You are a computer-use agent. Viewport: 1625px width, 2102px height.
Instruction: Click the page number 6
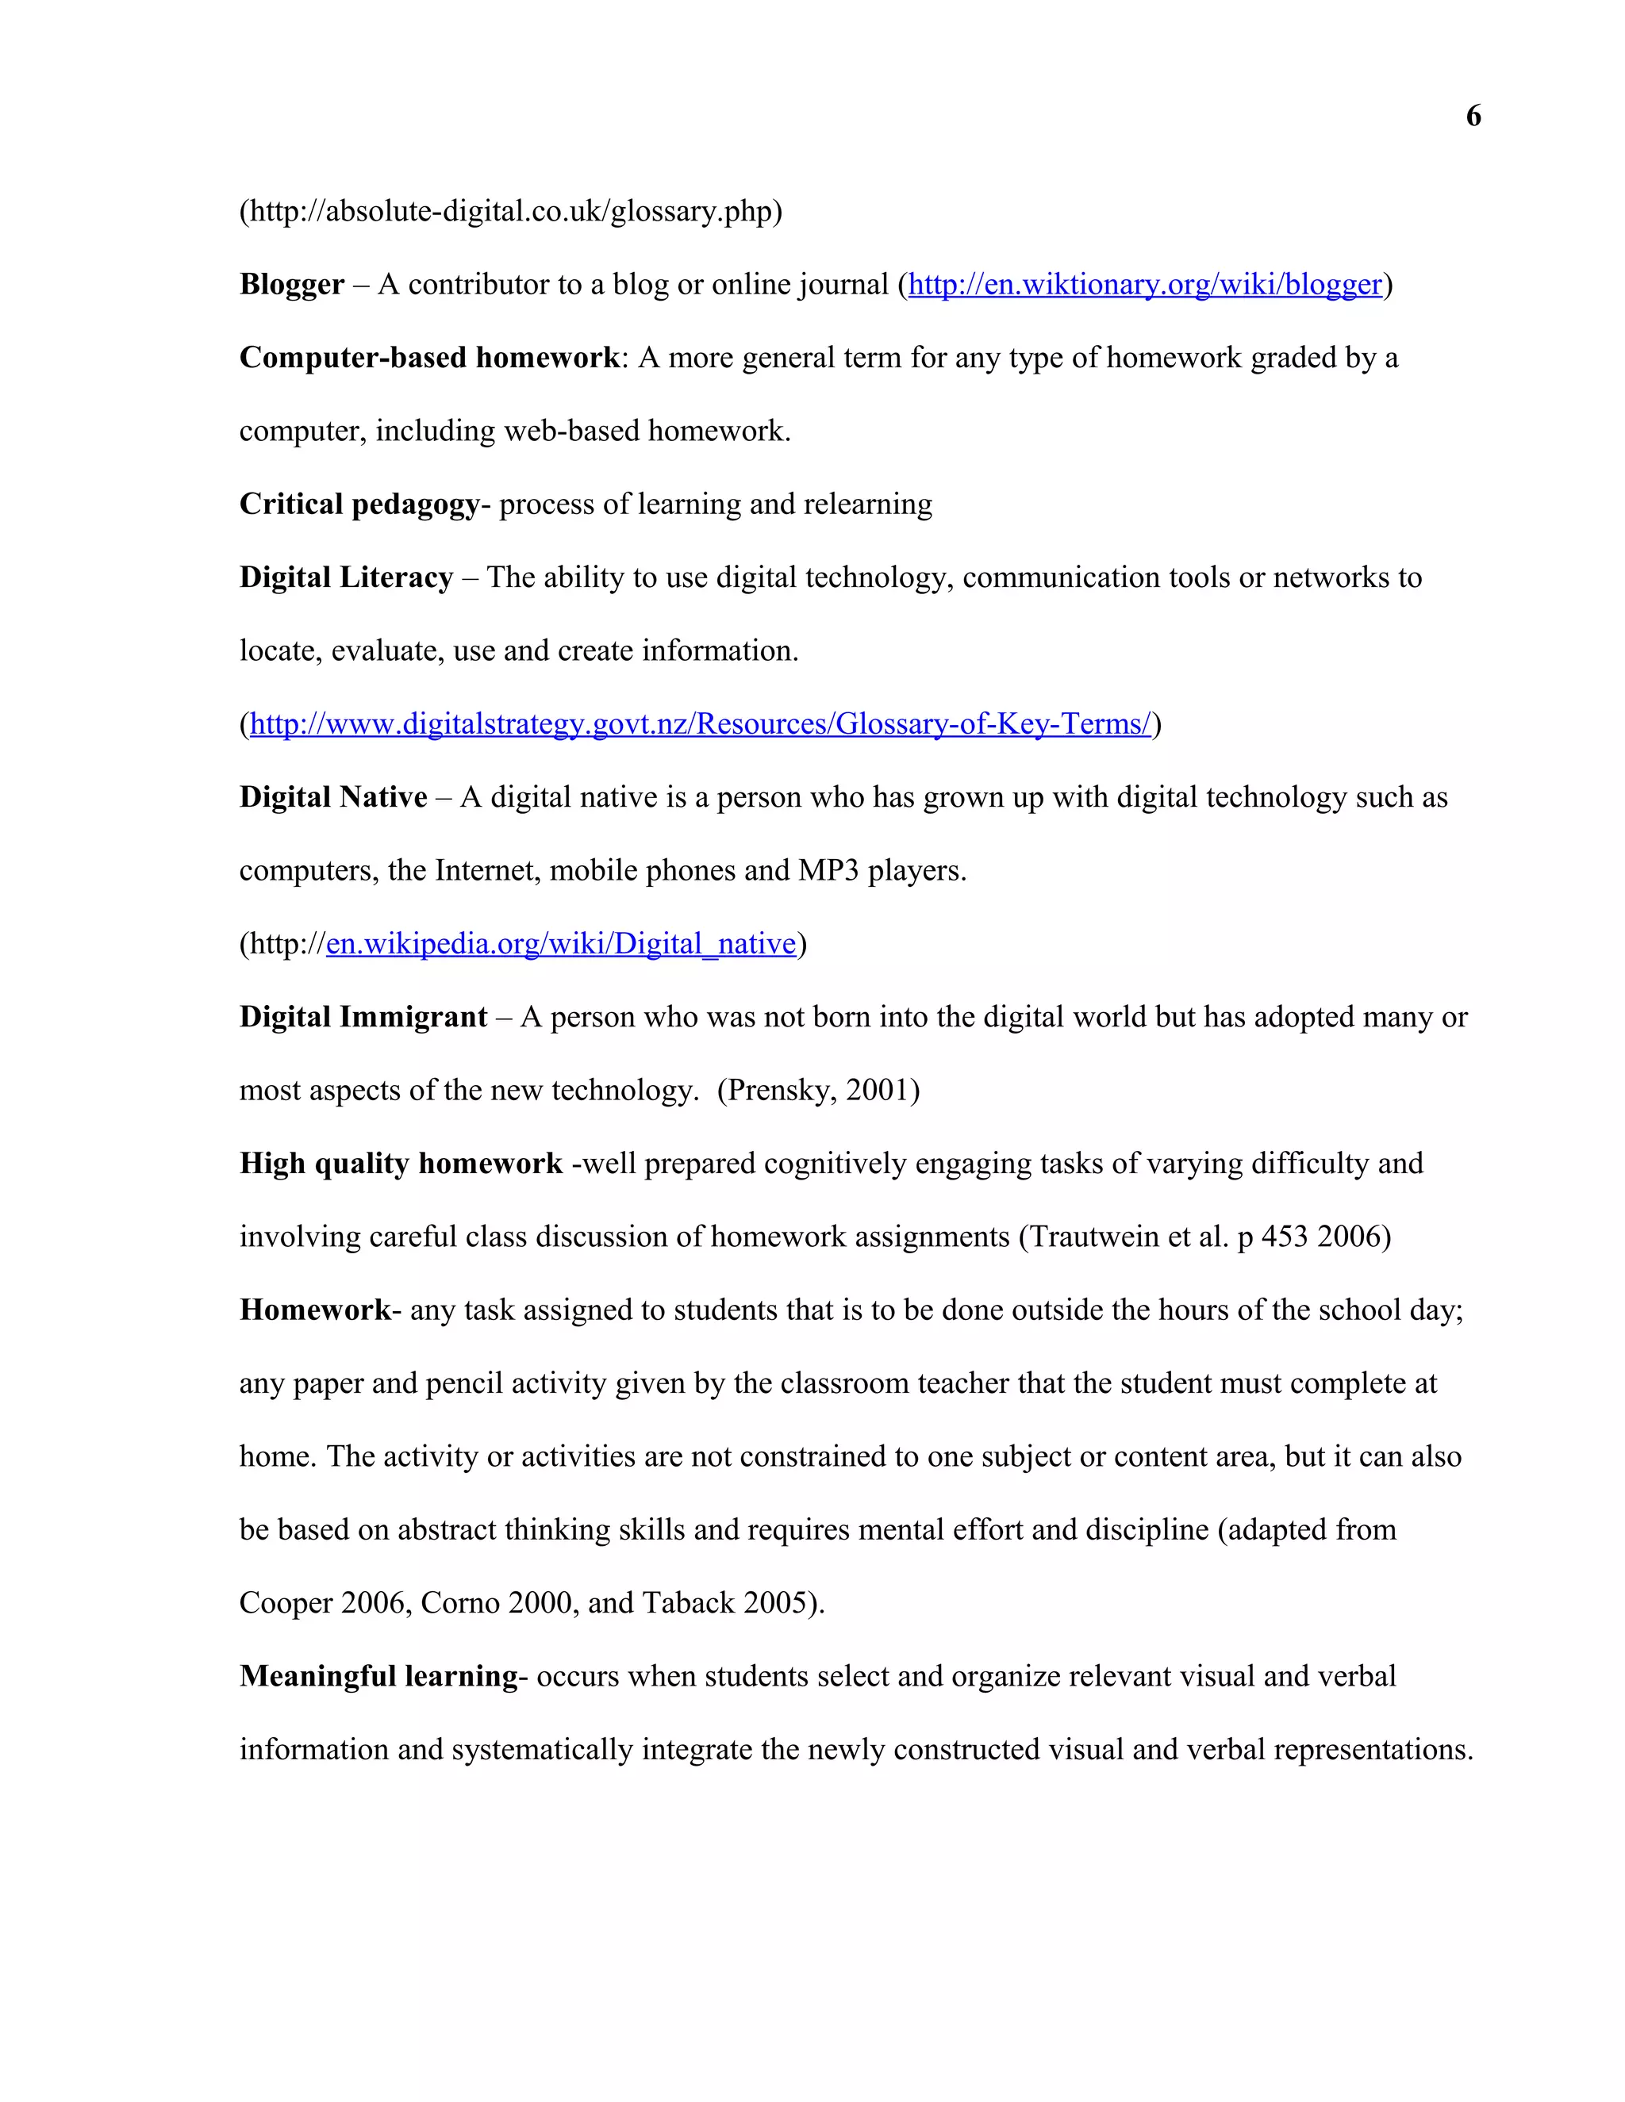tap(1473, 117)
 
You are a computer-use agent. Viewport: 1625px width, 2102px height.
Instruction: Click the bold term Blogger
tap(292, 285)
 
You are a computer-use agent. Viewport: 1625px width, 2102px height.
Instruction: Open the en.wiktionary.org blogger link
tap(1145, 285)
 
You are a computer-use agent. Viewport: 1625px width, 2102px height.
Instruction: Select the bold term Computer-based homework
tap(429, 358)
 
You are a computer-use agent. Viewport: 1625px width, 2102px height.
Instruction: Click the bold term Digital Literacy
tap(346, 577)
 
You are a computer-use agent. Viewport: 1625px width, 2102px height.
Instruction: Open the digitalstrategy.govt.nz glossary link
tap(700, 723)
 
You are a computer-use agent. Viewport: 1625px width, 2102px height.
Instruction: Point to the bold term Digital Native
tap(333, 798)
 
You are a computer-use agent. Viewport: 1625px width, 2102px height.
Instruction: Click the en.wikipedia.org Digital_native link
tap(560, 944)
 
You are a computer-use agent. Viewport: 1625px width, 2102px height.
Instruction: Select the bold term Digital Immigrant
tap(363, 1018)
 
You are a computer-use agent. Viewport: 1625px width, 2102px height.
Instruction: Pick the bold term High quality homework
tap(401, 1164)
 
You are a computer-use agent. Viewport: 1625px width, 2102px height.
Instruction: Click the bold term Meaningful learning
tap(378, 1677)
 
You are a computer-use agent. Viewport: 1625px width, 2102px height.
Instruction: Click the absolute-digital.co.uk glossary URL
tap(510, 212)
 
